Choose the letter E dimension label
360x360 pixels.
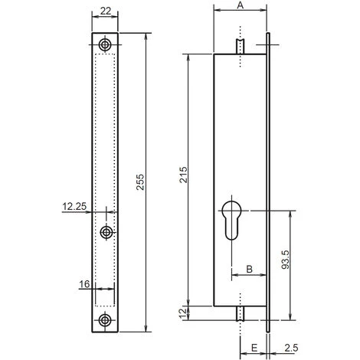coord(254,347)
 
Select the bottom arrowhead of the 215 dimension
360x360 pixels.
coord(188,303)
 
